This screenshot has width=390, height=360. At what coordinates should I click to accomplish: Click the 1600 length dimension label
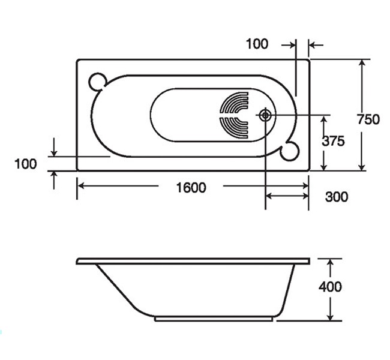point(191,188)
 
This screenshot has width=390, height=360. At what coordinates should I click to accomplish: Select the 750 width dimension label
point(368,119)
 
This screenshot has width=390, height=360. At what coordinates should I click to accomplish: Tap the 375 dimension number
point(333,142)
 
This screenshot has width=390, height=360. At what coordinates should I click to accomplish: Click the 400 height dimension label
point(330,287)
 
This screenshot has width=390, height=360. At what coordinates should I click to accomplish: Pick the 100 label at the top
point(257,44)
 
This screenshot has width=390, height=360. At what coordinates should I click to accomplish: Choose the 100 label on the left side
point(25,163)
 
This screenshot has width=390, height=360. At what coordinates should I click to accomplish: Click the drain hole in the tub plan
point(265,114)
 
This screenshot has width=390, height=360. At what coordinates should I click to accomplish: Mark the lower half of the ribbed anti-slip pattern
point(235,127)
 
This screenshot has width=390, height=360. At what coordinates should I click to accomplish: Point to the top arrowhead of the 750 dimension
point(361,62)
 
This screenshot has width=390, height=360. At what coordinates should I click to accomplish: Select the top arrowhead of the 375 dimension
point(324,118)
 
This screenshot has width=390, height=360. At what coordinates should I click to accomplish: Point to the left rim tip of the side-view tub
point(79,262)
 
